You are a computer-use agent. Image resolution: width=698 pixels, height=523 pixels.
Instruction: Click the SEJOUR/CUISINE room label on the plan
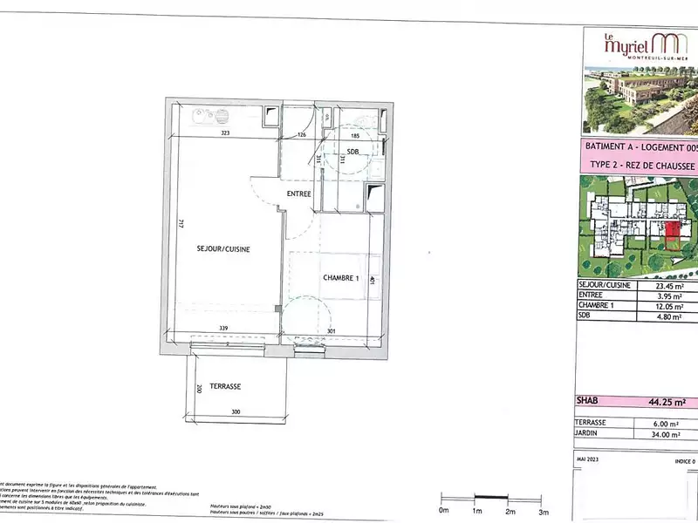point(222,249)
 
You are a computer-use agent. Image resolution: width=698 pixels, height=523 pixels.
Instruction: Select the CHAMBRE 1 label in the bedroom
point(341,278)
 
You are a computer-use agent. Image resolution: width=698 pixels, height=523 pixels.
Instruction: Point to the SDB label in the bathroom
point(352,153)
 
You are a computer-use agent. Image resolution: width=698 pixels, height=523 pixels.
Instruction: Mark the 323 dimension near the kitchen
point(224,133)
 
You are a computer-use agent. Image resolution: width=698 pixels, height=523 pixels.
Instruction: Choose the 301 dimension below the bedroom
point(332,330)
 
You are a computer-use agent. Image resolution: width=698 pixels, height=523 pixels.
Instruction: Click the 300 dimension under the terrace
point(236,411)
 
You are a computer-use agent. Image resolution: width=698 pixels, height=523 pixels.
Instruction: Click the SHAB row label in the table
point(590,402)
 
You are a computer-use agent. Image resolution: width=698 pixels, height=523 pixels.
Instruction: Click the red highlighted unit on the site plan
point(673,230)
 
